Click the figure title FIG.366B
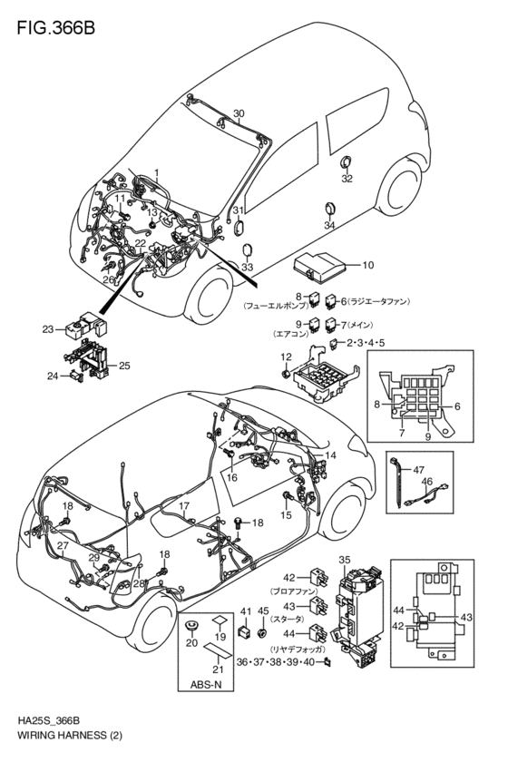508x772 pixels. coord(54,28)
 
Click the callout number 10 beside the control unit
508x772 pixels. coord(367,266)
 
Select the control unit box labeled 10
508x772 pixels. coord(323,266)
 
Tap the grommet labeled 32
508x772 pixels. coord(346,162)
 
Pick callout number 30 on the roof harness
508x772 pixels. coord(239,114)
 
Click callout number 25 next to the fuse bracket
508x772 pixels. coord(124,366)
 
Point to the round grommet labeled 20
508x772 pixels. coord(191,628)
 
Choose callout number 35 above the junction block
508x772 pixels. coord(344,559)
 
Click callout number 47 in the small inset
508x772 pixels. coord(419,469)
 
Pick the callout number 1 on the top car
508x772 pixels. coord(155,171)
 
